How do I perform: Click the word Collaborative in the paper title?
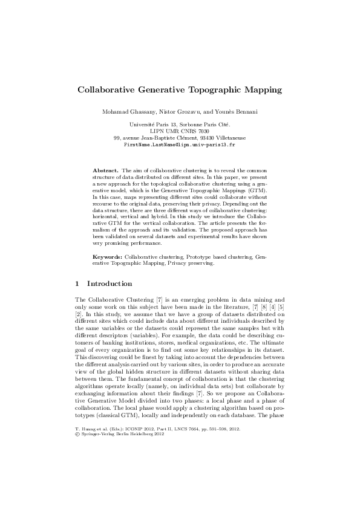click(107, 90)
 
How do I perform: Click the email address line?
click(180, 146)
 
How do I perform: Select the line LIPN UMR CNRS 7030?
click(180, 131)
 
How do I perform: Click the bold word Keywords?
click(108, 257)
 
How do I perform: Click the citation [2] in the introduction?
click(78, 315)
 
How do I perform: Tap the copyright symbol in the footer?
click(76, 484)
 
